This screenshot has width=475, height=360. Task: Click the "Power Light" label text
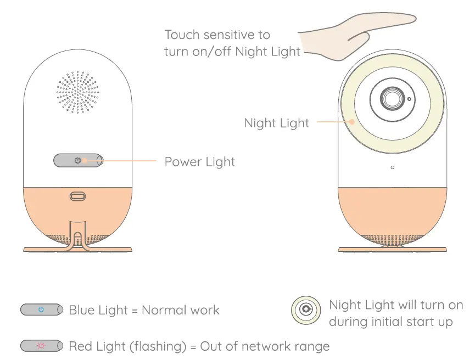[x=199, y=162]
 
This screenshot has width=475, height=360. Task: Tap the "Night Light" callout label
[x=277, y=123]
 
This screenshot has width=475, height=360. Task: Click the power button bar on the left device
[x=78, y=160]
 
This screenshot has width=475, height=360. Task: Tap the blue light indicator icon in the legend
[x=41, y=310]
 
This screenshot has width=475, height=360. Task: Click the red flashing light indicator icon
[x=41, y=346]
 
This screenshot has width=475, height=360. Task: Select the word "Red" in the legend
[x=80, y=346]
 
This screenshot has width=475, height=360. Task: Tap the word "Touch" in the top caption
[x=182, y=35]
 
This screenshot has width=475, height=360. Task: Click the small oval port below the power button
[x=77, y=196]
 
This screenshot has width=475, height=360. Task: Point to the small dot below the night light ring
[x=392, y=167]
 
